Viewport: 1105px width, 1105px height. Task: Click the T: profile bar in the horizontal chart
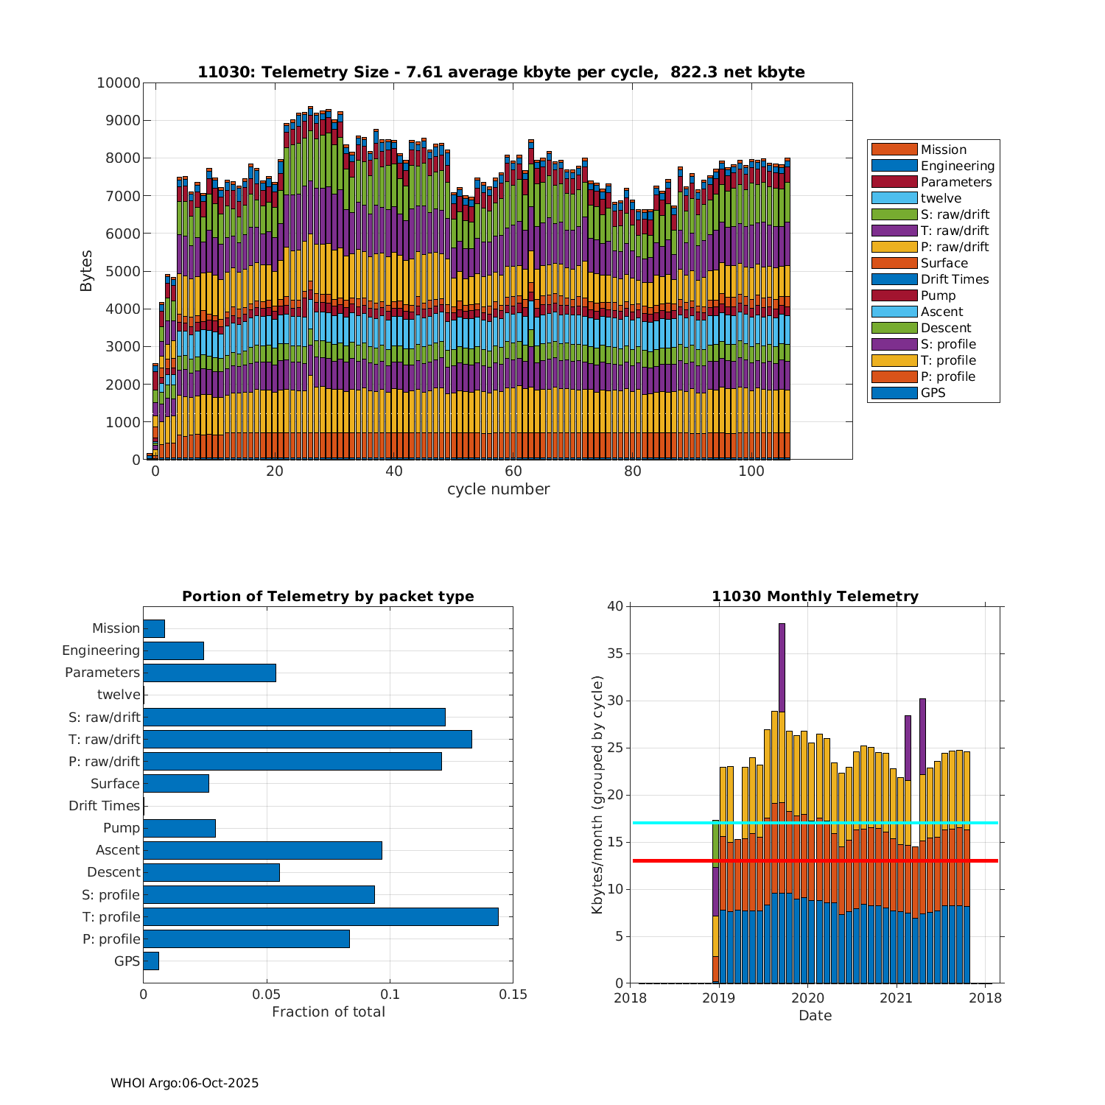click(320, 916)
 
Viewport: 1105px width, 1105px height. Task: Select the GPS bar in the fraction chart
click(151, 961)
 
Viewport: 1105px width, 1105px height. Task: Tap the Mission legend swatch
click(894, 150)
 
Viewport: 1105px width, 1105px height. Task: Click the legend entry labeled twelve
click(941, 198)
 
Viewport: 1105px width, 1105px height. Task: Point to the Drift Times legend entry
click(954, 279)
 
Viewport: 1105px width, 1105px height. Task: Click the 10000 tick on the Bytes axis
click(118, 83)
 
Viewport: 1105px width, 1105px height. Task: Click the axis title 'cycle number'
click(498, 489)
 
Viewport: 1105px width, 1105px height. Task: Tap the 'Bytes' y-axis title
click(86, 271)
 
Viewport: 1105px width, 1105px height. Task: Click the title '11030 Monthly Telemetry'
click(815, 596)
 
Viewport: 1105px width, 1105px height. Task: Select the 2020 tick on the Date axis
click(807, 998)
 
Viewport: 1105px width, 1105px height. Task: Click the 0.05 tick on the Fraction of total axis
click(267, 994)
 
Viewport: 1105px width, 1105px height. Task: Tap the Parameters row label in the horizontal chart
click(102, 673)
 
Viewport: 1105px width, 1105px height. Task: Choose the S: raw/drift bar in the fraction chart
click(294, 717)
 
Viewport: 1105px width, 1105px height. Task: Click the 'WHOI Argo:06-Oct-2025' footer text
click(184, 1083)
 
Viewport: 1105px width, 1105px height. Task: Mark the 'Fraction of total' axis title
click(328, 1011)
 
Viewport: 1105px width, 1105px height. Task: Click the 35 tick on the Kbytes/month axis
click(614, 653)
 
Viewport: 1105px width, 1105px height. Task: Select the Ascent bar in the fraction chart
click(262, 850)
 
